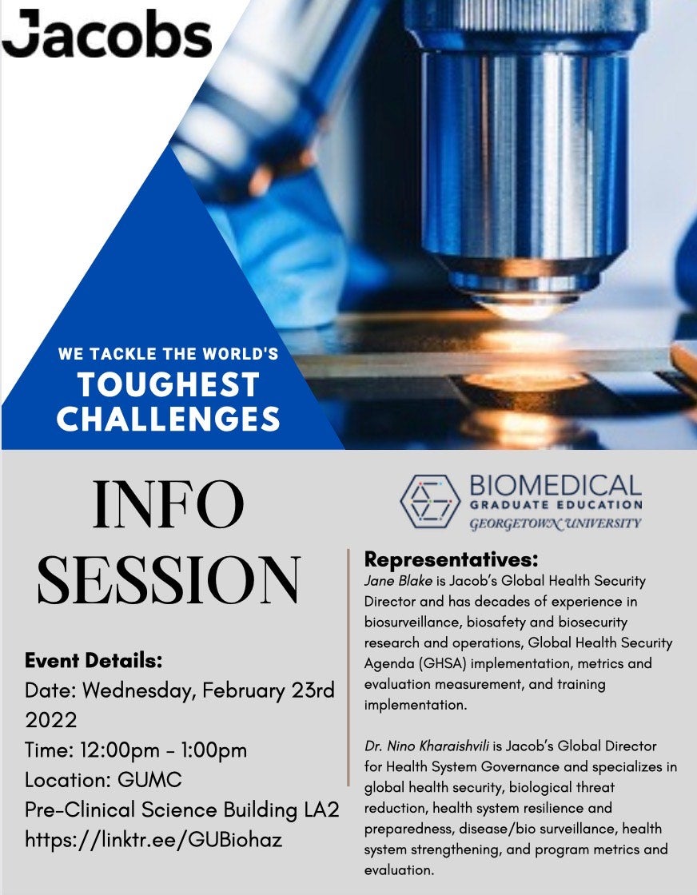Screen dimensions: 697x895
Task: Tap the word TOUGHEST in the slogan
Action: pyautogui.click(x=169, y=384)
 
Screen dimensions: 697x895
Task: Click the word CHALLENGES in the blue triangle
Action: pyautogui.click(x=169, y=419)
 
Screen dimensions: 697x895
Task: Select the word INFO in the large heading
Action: pyautogui.click(x=168, y=505)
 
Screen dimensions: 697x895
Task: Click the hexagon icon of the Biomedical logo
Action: pyautogui.click(x=430, y=500)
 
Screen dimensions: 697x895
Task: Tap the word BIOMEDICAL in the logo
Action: pyautogui.click(x=556, y=487)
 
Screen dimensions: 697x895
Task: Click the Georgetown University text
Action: pyautogui.click(x=556, y=523)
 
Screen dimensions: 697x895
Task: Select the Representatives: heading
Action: pyautogui.click(x=451, y=559)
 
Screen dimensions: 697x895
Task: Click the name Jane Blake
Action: pyautogui.click(x=398, y=581)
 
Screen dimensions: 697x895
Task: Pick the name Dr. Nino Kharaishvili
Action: pyautogui.click(x=427, y=746)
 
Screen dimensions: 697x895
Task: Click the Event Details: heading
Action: pyautogui.click(x=94, y=660)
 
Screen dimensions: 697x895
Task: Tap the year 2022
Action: pyautogui.click(x=51, y=720)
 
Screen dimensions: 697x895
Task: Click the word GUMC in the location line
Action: pyautogui.click(x=149, y=780)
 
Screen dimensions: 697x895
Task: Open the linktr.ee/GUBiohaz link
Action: pyautogui.click(x=153, y=840)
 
